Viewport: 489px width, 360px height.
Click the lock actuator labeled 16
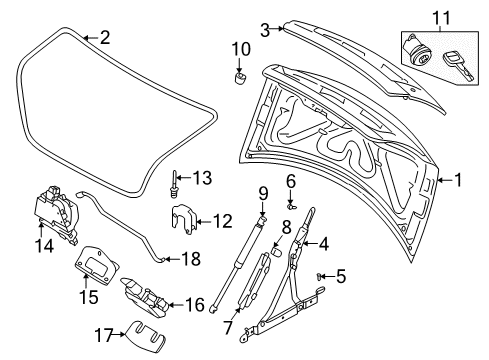(x=146, y=296)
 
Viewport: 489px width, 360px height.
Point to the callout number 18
(x=186, y=258)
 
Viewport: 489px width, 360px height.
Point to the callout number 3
(x=265, y=31)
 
